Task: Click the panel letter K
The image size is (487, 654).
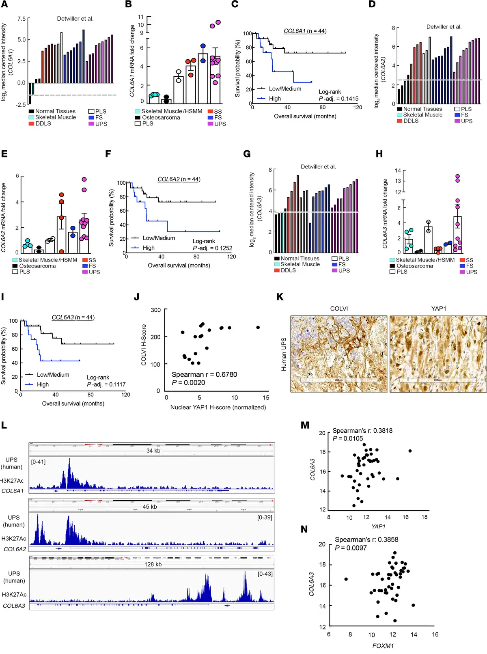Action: click(280, 297)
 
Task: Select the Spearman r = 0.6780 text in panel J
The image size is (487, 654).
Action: click(204, 374)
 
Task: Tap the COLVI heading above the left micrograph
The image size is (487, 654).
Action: click(339, 309)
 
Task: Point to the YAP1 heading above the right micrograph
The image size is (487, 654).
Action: click(438, 309)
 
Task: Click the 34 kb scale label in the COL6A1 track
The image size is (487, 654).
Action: click(153, 451)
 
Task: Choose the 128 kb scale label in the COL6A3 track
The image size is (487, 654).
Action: click(153, 564)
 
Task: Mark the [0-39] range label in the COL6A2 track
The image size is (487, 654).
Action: click(265, 517)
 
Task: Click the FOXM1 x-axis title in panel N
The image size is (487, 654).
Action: click(383, 646)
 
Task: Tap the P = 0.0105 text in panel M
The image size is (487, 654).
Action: click(348, 438)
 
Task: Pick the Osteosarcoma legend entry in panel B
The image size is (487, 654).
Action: click(161, 118)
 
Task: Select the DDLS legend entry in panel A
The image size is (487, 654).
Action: click(43, 123)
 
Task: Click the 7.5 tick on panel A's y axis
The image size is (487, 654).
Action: click(21, 19)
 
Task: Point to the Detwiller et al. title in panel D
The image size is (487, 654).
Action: click(444, 27)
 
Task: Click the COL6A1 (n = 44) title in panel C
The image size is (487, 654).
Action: click(305, 31)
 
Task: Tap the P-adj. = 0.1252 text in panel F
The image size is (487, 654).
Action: click(212, 248)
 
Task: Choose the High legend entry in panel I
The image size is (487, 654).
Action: click(43, 384)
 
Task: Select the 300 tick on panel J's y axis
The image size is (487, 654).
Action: click(155, 310)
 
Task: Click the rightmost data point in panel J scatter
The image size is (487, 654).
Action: click(258, 327)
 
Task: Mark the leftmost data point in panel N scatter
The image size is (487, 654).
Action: click(346, 579)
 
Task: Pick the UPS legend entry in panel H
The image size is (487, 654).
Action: click(472, 272)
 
